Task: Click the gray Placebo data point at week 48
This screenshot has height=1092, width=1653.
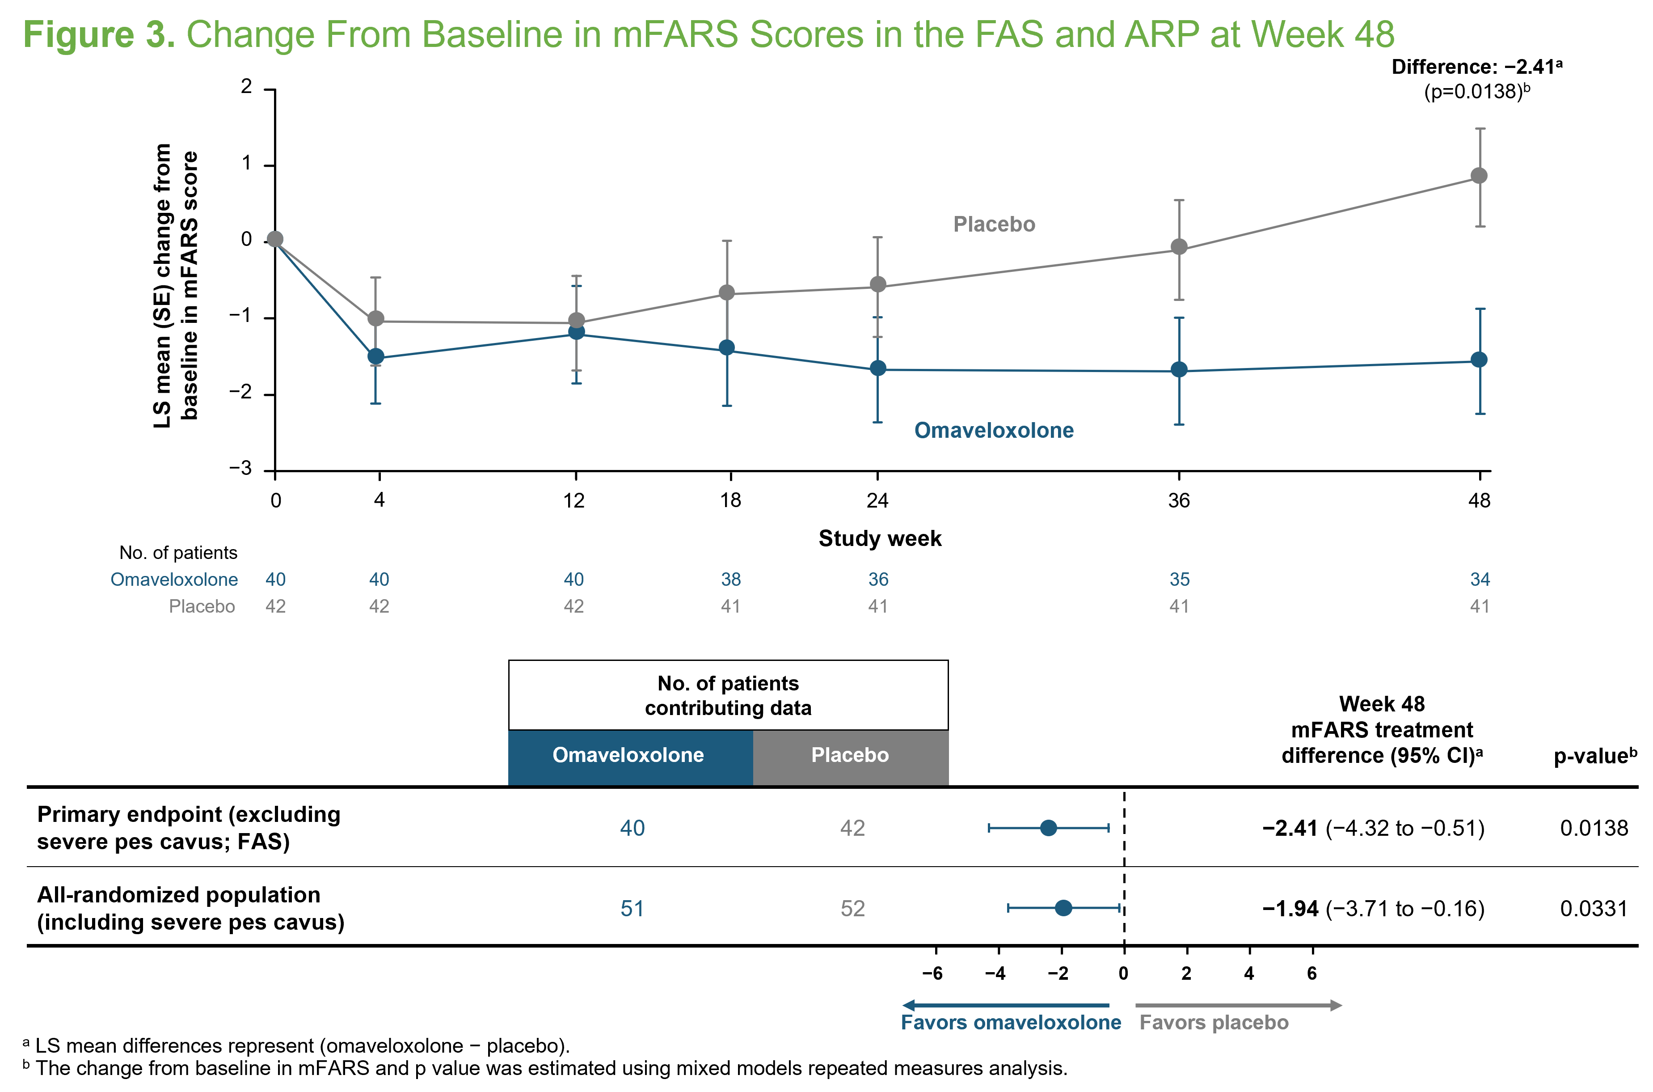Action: (x=1479, y=175)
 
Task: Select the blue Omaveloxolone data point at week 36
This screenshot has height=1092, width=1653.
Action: (x=1179, y=369)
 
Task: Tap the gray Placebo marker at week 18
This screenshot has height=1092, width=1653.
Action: (x=727, y=292)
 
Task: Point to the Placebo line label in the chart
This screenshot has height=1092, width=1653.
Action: (x=994, y=224)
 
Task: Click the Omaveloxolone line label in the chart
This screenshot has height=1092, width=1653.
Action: (x=993, y=430)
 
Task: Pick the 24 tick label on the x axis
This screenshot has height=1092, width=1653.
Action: (x=877, y=500)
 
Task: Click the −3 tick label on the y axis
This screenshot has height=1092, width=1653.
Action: (x=241, y=468)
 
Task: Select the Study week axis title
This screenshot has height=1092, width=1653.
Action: (x=880, y=538)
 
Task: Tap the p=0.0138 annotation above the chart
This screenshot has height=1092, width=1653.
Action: (x=1476, y=91)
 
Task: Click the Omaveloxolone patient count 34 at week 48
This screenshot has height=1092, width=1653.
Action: (x=1480, y=580)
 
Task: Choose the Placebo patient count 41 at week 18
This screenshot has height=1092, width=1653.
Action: (x=730, y=606)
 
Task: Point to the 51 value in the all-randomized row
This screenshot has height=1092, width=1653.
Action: (x=632, y=908)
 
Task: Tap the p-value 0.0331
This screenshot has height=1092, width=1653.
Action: (x=1594, y=908)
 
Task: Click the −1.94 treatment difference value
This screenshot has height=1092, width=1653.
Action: (x=1290, y=908)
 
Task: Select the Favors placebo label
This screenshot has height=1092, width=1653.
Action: (x=1214, y=1022)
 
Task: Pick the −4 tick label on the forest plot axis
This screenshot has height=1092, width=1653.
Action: (x=995, y=973)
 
